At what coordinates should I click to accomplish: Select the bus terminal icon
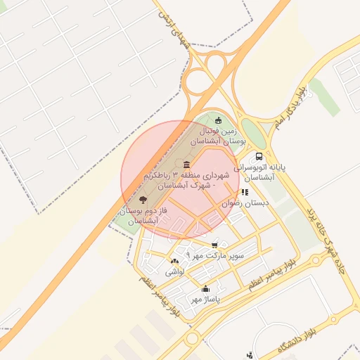[x=259, y=156]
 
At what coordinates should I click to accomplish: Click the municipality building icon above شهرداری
[x=186, y=165]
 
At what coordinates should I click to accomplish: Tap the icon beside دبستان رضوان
[x=245, y=192]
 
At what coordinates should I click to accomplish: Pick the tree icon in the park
[x=144, y=200]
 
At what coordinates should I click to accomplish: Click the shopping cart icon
[x=214, y=245]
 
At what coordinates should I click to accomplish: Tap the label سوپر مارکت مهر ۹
[x=215, y=256]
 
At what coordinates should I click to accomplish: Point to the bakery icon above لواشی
[x=174, y=261]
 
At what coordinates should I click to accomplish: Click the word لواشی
[x=174, y=271]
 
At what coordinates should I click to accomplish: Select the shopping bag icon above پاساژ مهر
[x=205, y=288]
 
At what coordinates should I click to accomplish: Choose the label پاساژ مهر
[x=205, y=299]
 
